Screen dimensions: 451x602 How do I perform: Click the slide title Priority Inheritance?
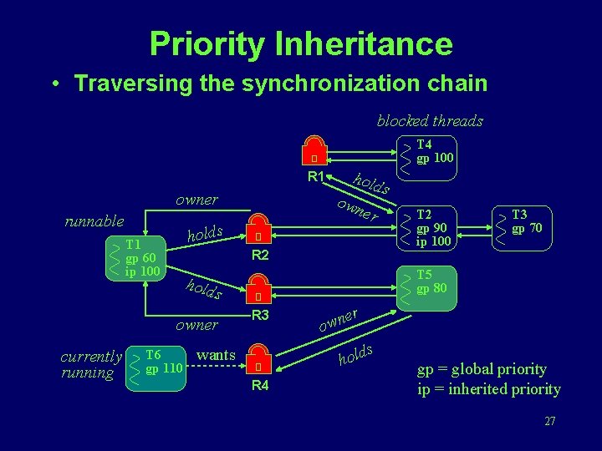click(301, 43)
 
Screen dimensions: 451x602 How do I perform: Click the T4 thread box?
click(427, 152)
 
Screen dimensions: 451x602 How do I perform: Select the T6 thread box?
click(156, 365)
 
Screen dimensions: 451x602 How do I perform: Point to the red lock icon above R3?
click(260, 291)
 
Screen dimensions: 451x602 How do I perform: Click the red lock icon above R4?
click(260, 361)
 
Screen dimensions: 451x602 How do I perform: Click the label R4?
click(260, 385)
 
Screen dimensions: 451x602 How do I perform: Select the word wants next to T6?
click(216, 355)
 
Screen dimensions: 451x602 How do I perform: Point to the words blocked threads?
click(430, 120)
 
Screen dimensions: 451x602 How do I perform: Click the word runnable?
click(94, 221)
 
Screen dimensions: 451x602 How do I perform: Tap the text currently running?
click(91, 365)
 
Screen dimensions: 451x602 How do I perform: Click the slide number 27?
click(549, 421)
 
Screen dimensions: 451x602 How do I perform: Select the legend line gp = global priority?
click(482, 369)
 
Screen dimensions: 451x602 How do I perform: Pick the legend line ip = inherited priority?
click(489, 389)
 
